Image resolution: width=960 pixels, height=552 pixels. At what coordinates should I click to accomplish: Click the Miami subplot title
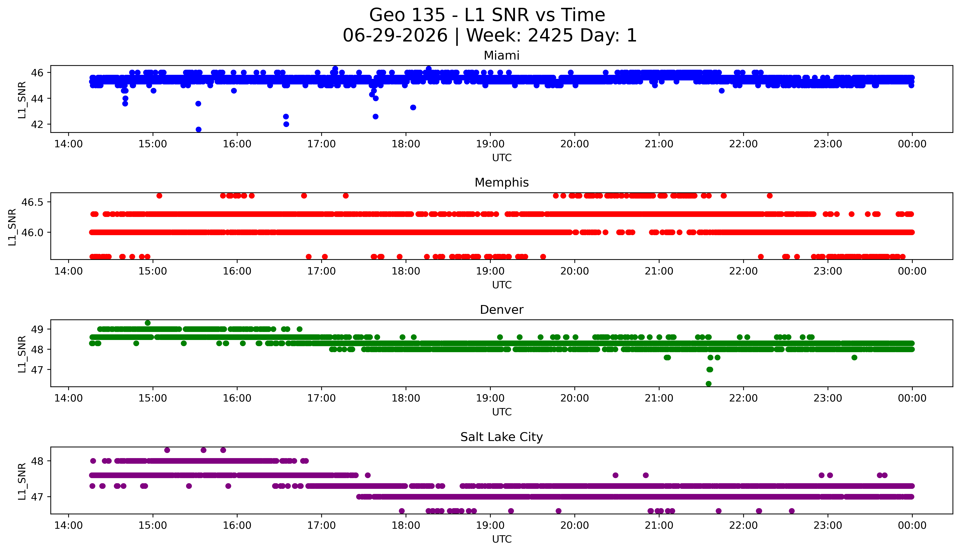(x=502, y=56)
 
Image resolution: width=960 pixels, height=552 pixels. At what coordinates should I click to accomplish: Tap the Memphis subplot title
(x=502, y=183)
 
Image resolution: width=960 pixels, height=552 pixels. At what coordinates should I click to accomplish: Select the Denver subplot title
(x=502, y=310)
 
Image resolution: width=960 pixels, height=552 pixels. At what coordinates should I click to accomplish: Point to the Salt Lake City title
(x=502, y=437)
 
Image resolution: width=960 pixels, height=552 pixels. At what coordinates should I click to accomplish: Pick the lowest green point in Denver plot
(x=708, y=384)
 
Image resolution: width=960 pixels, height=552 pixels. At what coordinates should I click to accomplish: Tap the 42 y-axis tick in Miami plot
(x=37, y=124)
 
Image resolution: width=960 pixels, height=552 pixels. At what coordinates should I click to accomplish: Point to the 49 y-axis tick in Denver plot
(x=37, y=329)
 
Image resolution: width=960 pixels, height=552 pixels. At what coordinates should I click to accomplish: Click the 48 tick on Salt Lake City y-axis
(x=37, y=461)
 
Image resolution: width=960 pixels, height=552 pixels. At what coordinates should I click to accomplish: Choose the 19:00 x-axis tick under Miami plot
(x=490, y=144)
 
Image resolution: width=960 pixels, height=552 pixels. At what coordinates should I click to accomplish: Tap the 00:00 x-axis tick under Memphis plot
(x=912, y=271)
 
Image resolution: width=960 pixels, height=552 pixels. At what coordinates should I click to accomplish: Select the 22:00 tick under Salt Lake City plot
(x=743, y=525)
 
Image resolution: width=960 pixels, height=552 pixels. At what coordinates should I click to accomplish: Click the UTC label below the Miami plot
(x=502, y=158)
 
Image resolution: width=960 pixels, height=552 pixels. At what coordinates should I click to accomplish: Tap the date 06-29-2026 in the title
(x=395, y=36)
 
